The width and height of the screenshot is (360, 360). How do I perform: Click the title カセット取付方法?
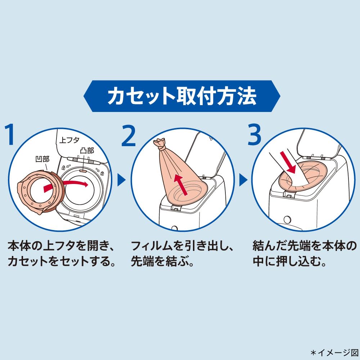182,96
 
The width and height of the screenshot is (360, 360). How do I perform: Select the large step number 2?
129,135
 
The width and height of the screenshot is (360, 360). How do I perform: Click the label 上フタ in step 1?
69,140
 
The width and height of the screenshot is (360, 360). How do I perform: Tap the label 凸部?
87,150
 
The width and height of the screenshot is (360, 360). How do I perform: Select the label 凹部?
42,159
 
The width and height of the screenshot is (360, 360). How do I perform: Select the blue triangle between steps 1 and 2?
121,180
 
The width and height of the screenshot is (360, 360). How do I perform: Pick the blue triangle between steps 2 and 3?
243,180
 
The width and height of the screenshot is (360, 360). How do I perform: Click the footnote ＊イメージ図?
334,352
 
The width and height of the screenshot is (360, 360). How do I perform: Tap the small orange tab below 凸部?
83,171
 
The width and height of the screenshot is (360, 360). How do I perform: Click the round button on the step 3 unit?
287,220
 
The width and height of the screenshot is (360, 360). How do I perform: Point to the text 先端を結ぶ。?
163,261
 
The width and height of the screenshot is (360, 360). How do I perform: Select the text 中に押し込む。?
289,261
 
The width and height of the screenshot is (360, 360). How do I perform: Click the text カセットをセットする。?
62,261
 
